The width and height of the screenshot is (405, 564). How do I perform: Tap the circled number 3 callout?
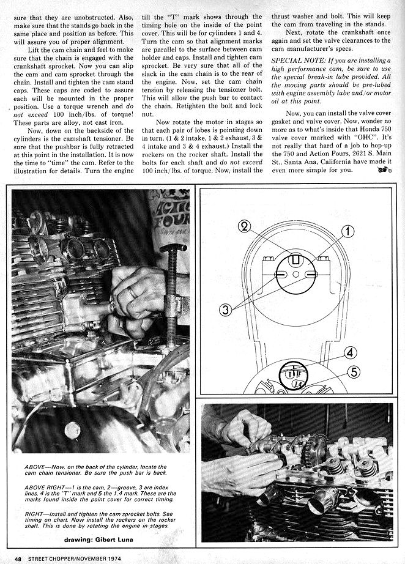pos(226,310)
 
